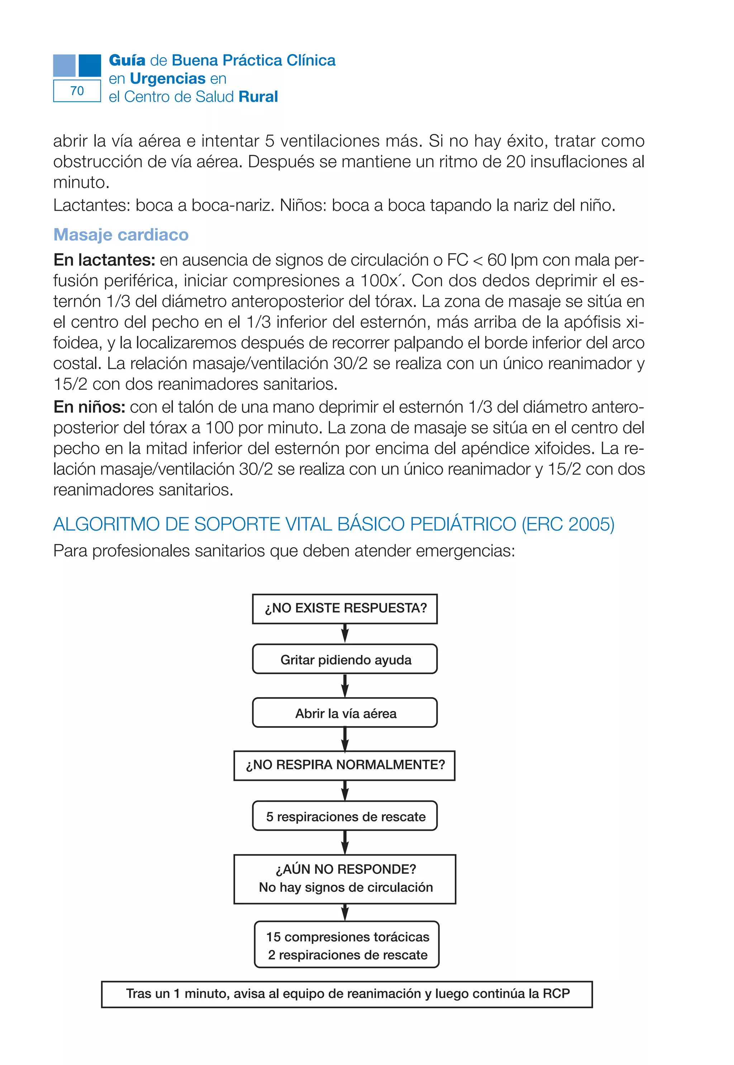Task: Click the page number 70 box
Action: [77, 91]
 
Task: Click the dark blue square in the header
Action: [90, 65]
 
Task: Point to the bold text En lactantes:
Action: [104, 260]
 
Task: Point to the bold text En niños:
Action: [89, 407]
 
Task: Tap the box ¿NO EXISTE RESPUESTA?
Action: [345, 609]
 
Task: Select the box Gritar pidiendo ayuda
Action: [345, 659]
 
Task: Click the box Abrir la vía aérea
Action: [345, 713]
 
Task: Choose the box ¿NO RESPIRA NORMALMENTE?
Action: [344, 765]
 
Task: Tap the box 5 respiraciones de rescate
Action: [345, 816]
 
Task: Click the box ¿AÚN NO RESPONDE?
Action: [345, 878]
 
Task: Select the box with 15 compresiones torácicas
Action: [347, 945]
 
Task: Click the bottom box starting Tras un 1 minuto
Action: [347, 994]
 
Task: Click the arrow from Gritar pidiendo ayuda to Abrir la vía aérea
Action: [345, 686]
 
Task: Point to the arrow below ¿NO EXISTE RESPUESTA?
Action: [345, 633]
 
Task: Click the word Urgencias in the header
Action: [167, 78]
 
